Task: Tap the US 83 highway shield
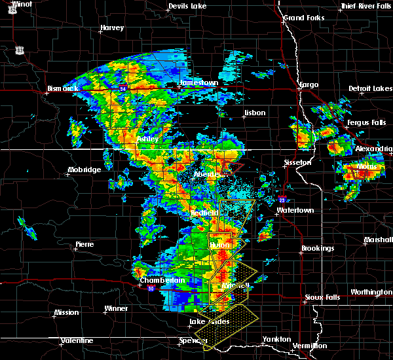[x=20, y=50]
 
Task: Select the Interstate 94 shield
[x=122, y=85]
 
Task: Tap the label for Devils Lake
[x=187, y=6]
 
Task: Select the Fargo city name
[x=308, y=84]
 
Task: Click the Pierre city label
[x=84, y=244]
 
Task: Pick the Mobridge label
[x=84, y=170]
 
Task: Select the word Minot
[x=22, y=4]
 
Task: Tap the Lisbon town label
[x=254, y=113]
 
